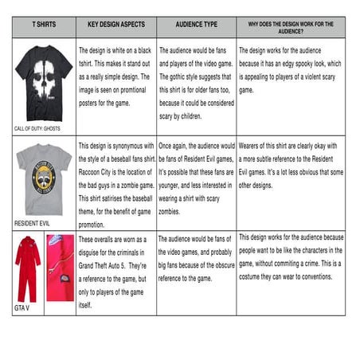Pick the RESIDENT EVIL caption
pyautogui.click(x=32, y=223)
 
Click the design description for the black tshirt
pyautogui.click(x=116, y=76)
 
